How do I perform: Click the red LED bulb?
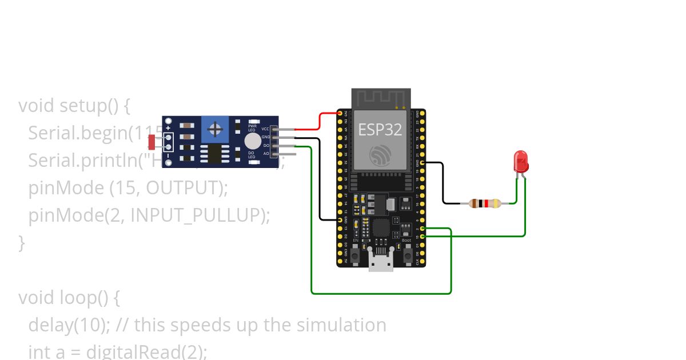point(521,162)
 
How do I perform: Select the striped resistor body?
point(484,203)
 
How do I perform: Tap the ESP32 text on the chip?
point(380,130)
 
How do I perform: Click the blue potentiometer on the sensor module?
point(215,130)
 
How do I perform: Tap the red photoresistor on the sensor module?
point(152,141)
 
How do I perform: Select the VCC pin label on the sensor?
point(265,129)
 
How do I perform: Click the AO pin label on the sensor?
point(266,154)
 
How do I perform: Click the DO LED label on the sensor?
point(251,155)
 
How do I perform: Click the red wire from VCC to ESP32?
point(319,121)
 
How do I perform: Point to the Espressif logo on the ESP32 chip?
point(380,155)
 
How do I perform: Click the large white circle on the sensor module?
point(252,141)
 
